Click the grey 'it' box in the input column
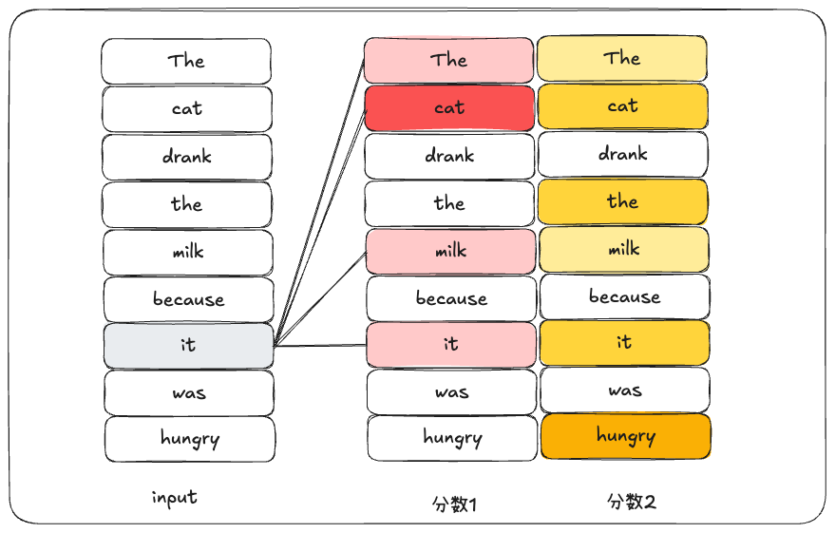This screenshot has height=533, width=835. [188, 345]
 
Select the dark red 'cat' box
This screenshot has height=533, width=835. [449, 107]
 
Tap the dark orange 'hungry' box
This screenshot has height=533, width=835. [625, 436]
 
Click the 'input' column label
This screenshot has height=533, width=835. [175, 497]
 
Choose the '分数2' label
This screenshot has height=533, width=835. [631, 501]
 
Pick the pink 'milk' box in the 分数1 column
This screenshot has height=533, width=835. [450, 251]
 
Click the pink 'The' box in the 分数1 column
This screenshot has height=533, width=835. [449, 60]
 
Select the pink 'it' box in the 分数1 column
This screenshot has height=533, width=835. [450, 344]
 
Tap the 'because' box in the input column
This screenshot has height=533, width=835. [188, 299]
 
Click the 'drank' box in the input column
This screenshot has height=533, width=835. [187, 157]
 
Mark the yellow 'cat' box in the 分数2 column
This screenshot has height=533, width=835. [623, 105]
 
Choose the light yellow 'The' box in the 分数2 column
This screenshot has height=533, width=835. [622, 58]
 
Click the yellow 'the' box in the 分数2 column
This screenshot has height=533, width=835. [623, 201]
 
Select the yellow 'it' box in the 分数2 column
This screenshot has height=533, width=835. [624, 342]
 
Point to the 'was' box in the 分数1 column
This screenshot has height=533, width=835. [451, 391]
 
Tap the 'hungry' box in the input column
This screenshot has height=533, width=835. [190, 439]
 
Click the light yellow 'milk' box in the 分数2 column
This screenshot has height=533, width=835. [623, 249]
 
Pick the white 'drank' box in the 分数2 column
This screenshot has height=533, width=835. [623, 154]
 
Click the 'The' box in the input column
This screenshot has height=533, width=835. [186, 61]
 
